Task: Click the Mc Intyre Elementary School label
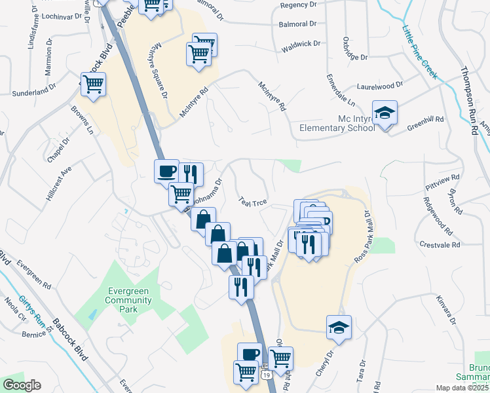337,123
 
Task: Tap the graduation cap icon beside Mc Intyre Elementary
385,113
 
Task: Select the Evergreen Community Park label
130,301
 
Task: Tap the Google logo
22,385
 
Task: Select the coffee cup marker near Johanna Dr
166,172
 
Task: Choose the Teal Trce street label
252,202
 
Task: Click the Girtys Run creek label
30,304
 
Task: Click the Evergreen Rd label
34,274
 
